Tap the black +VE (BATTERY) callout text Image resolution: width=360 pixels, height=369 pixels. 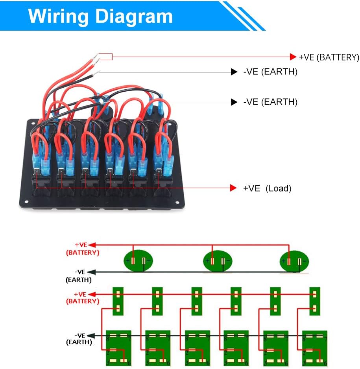tap(329, 57)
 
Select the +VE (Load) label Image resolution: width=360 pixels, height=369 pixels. tap(267, 188)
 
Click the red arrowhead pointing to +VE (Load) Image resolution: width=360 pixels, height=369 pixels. tap(233, 188)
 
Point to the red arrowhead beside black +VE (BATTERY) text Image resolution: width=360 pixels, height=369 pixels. tap(293, 57)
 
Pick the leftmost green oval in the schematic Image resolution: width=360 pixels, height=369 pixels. tap(138, 260)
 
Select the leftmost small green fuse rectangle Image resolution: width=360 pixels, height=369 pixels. tap(118, 301)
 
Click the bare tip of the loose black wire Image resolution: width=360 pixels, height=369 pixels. tap(97, 72)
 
